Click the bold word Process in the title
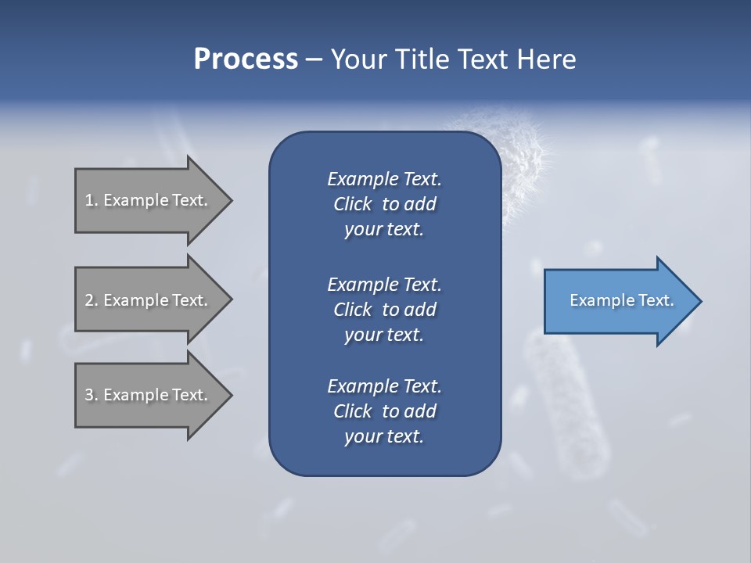[246, 59]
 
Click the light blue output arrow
[618, 301]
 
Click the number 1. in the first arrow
[92, 200]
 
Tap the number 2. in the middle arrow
[92, 300]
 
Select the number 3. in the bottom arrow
[92, 395]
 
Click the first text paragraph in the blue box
[384, 204]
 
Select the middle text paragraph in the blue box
[384, 310]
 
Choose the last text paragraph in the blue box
[384, 411]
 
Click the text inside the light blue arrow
[621, 300]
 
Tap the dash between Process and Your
[314, 59]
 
